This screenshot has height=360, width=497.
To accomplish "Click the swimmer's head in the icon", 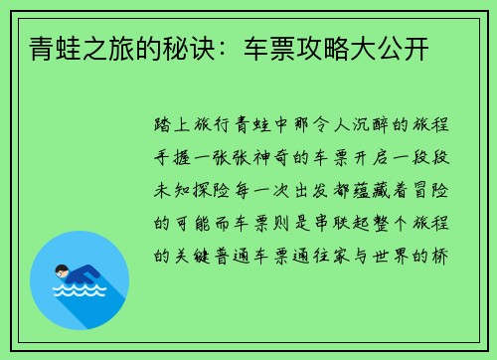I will click(x=63, y=270).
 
